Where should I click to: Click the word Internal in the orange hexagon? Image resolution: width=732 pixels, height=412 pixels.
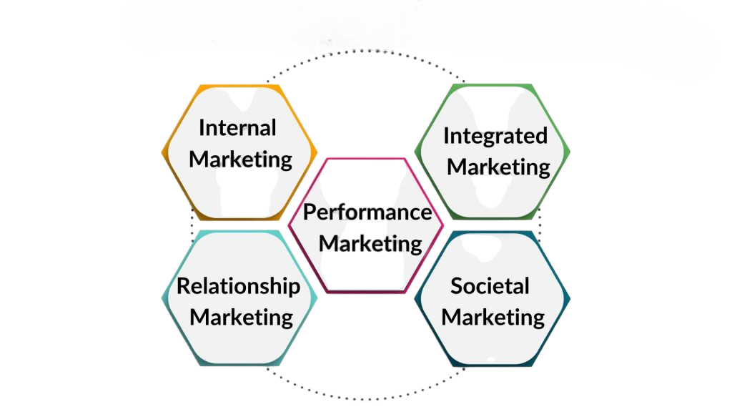(237, 128)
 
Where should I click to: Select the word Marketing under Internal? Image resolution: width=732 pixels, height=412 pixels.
(241, 159)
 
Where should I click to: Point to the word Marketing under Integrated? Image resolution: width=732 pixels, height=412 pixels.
(498, 167)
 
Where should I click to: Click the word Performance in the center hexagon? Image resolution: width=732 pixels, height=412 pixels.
(367, 212)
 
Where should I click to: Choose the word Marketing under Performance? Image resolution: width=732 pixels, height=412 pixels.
(370, 243)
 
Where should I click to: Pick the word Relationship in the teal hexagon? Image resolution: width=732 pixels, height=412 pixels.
(238, 286)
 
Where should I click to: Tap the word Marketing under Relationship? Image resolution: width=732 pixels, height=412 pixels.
(242, 316)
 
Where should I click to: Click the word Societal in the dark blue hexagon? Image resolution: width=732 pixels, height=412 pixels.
(490, 286)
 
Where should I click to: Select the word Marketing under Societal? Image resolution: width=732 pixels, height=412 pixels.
(493, 316)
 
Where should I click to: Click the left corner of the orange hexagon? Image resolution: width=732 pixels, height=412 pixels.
(164, 152)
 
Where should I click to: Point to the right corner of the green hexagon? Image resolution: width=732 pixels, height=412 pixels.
(570, 152)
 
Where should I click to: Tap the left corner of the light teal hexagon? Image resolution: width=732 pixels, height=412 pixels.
(164, 299)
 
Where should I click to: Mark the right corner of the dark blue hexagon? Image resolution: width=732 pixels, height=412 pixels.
(570, 299)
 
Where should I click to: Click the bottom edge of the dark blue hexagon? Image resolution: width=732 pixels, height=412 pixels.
(493, 366)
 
